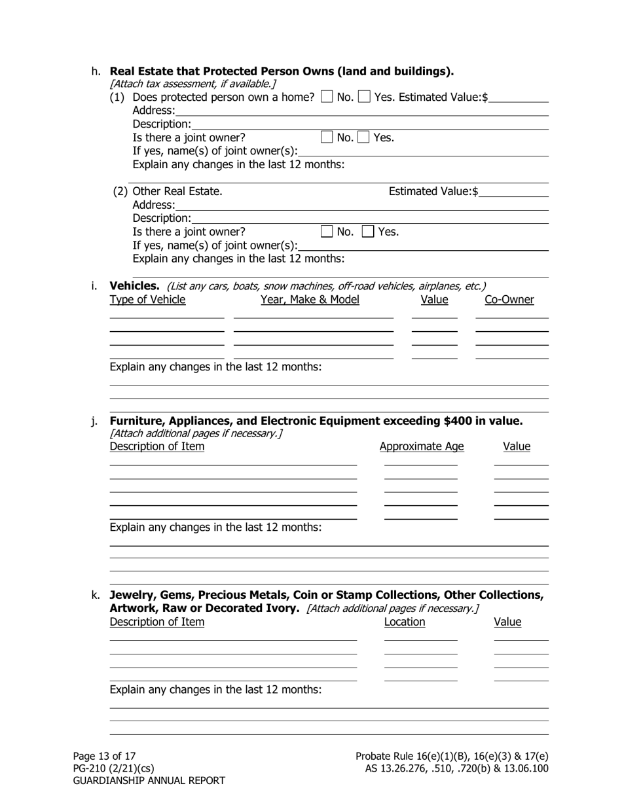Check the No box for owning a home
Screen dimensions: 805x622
click(x=326, y=98)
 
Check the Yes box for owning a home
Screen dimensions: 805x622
click(x=365, y=98)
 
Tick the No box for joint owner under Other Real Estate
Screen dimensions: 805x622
click(x=326, y=231)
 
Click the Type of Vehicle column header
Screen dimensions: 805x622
click(x=147, y=300)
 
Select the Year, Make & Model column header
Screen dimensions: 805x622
click(x=310, y=300)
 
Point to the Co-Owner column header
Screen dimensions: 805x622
click(x=509, y=300)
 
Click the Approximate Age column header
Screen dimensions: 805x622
click(x=421, y=446)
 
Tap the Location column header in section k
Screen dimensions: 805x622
click(x=404, y=622)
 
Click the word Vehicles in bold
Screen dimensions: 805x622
click(x=134, y=286)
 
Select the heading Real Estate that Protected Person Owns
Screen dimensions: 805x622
click(x=282, y=71)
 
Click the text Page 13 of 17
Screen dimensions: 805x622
click(x=104, y=756)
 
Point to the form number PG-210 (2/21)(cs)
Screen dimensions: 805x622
click(x=113, y=768)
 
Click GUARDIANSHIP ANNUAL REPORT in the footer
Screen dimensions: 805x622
click(x=149, y=781)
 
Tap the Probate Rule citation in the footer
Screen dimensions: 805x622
click(x=452, y=756)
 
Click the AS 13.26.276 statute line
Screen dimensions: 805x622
click(x=456, y=768)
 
